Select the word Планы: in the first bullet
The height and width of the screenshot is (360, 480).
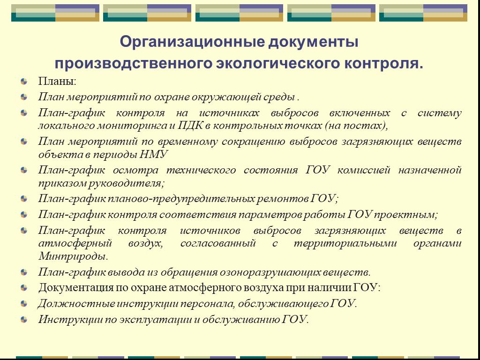click(x=57, y=82)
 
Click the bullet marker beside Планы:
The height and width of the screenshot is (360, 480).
click(x=24, y=82)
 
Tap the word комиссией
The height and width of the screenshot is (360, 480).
click(x=364, y=170)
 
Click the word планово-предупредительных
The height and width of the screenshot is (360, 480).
click(x=181, y=199)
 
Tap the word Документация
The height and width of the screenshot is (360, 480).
click(x=75, y=288)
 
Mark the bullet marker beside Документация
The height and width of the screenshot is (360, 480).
click(x=24, y=288)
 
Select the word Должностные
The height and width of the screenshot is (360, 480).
click(x=76, y=304)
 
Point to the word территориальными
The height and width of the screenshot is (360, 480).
click(x=345, y=244)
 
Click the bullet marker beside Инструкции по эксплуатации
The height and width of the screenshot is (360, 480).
click(x=24, y=320)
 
